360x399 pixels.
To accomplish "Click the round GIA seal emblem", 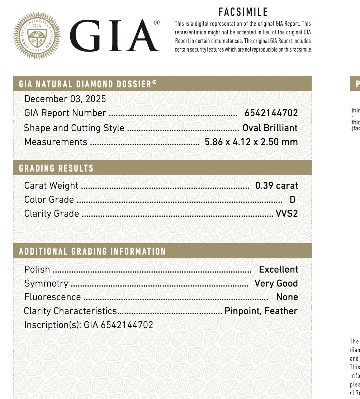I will (x=37, y=35).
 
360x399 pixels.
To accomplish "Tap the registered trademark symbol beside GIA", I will (x=157, y=23).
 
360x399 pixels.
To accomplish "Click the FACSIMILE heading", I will (x=243, y=12).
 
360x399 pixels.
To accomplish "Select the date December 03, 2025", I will (x=65, y=99).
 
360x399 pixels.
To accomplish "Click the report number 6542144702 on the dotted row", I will (x=271, y=113).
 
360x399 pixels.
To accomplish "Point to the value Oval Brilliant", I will (x=270, y=128).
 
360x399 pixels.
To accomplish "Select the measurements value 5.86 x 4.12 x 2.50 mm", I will (x=251, y=142).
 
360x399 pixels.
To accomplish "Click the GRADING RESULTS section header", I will (x=56, y=168).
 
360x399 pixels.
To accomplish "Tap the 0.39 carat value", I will (x=276, y=186).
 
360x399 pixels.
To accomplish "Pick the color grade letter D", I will (x=292, y=199).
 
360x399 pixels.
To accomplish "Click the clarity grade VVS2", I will (x=286, y=213).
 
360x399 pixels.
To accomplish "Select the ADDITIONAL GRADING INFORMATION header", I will (x=93, y=251).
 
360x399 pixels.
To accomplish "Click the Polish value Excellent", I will (x=278, y=269).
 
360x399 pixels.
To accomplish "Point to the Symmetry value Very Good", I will (x=276, y=283).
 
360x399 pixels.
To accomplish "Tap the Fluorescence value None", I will (x=287, y=297).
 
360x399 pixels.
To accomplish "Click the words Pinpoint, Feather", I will (x=261, y=311).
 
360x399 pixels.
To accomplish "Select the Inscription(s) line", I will (x=89, y=325).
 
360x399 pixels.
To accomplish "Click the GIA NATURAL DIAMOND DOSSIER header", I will (x=88, y=84).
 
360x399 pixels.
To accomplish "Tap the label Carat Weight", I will (x=51, y=186).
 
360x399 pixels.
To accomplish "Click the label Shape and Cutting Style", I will (x=74, y=128).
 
